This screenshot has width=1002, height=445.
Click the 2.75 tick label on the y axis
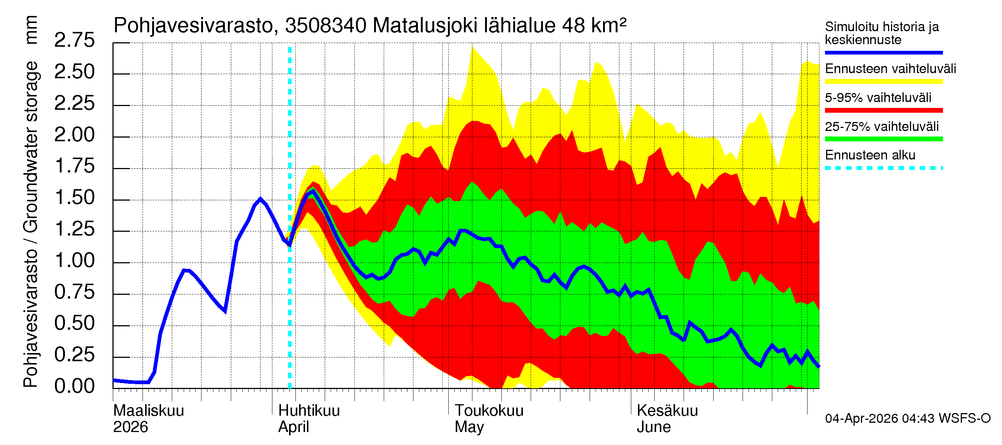coord(74,40)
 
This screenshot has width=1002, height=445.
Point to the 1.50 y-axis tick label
coord(74,197)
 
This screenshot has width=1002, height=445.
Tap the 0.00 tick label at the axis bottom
coord(74,386)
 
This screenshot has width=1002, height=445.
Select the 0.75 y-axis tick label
coord(74,292)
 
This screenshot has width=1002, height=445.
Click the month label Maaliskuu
coord(148,411)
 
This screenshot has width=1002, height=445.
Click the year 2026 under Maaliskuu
coord(130,427)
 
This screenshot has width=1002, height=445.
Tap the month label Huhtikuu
coord(309,411)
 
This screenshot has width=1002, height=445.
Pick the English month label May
coord(469,427)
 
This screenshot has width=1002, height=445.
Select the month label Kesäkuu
coord(667,411)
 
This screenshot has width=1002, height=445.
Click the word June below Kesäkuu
coord(654,427)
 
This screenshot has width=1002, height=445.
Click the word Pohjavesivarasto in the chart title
coord(193,26)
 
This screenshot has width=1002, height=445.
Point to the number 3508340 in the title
coord(325,26)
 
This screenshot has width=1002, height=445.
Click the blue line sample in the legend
coord(883,52)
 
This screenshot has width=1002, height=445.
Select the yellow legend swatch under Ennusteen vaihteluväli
coord(883,81)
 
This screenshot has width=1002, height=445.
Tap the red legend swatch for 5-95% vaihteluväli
coord(883,111)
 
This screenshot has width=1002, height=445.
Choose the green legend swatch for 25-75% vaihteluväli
coord(883,139)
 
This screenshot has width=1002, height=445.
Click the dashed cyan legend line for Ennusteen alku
coord(883,168)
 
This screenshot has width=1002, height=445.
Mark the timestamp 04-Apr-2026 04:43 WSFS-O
coord(907,418)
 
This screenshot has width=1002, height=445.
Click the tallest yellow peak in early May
coord(472,49)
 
